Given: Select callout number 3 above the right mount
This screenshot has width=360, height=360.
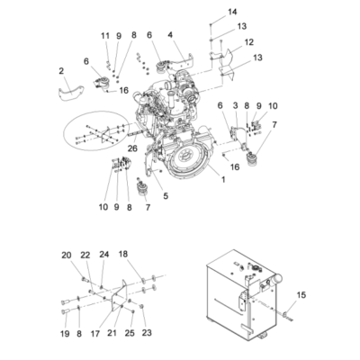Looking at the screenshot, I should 236,106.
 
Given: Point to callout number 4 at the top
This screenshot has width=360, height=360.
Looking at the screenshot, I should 169,35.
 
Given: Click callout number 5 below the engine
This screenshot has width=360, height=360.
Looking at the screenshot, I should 165,195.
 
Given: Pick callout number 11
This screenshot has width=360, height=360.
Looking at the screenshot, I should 104,35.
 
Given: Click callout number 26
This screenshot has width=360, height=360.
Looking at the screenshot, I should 132,149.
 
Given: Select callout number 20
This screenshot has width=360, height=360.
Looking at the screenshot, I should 65,255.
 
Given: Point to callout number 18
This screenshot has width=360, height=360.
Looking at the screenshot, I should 123,255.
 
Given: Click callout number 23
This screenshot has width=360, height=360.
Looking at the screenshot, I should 148,333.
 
